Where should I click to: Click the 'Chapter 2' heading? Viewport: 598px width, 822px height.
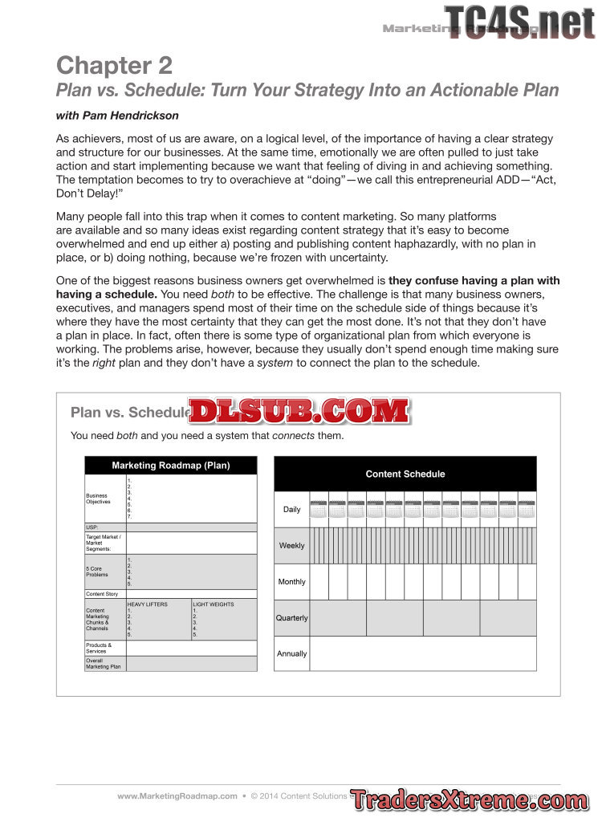point(114,64)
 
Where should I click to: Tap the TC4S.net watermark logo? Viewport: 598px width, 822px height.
point(519,22)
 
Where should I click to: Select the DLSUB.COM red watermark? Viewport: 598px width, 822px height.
point(299,411)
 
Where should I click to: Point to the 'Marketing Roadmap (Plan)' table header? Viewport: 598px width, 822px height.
point(171,466)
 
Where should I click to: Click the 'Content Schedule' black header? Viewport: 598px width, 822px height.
point(405,474)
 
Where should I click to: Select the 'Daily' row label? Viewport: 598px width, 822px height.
point(291,510)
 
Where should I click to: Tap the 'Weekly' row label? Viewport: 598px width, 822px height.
point(291,546)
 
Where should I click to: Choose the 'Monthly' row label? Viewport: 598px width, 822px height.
point(291,582)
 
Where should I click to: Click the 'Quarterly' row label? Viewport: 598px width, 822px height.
point(291,618)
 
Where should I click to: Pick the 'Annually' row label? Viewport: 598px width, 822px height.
point(291,653)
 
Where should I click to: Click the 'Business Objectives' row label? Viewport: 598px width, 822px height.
point(99,498)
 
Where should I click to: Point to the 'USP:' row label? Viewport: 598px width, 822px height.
point(92,527)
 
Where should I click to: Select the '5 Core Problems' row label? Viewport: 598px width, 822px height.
point(98,572)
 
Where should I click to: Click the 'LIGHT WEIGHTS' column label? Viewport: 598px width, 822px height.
point(214,604)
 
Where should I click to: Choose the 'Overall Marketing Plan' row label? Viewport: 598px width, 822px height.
point(104,664)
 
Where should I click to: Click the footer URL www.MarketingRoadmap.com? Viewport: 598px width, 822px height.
point(177,796)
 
